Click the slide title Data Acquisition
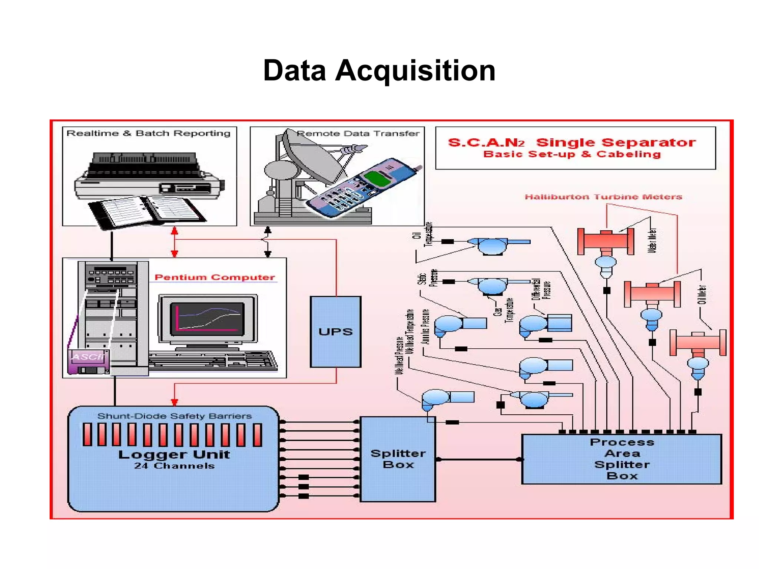pos(379,70)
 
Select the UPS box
pos(335,331)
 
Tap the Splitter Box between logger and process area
pos(398,459)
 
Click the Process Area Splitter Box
pos(622,459)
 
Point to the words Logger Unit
pos(174,454)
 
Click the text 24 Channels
pos(174,466)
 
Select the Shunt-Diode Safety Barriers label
pos(174,416)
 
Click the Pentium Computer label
pos(214,277)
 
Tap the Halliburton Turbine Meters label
pos(603,197)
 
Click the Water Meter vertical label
pos(652,240)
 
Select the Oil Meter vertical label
pos(702,295)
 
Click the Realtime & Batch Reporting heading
pos(148,133)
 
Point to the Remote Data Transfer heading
pos(358,134)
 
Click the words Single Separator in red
pos(616,142)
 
